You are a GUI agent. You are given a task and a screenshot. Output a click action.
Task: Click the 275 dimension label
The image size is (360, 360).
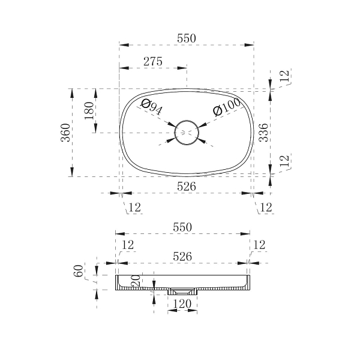(x=153, y=62)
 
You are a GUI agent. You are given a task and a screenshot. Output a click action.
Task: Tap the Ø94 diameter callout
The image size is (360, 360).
(x=151, y=107)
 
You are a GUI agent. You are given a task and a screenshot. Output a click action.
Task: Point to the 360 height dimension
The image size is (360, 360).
(x=65, y=133)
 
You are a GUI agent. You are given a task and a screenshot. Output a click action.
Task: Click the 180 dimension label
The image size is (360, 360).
(x=89, y=110)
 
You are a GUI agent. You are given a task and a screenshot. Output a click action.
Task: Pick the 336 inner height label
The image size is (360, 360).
(x=263, y=133)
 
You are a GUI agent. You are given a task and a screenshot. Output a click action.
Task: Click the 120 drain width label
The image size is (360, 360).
(x=182, y=304)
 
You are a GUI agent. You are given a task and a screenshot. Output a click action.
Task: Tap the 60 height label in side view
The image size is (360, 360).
(x=78, y=271)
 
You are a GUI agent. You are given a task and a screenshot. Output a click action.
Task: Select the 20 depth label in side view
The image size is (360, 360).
(x=136, y=281)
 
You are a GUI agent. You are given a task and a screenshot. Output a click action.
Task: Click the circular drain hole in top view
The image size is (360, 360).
(x=187, y=121)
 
